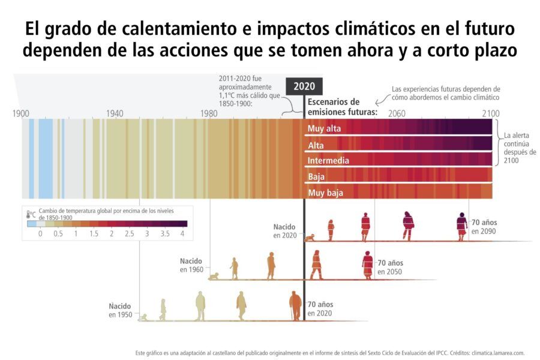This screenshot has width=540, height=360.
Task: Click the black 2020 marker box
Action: [x=304, y=86]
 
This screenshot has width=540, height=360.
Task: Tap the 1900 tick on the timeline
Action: [x=22, y=113]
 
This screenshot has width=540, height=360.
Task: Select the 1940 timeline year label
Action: [x=115, y=113]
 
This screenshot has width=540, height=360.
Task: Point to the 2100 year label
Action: [x=490, y=113]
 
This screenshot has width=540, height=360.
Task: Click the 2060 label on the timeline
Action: [x=397, y=113]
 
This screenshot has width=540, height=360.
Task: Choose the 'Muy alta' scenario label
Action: [x=325, y=128]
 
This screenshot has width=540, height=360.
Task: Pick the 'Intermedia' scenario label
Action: [x=328, y=161]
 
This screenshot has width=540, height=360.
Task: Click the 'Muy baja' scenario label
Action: [x=325, y=193]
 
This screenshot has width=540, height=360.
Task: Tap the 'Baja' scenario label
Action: [x=316, y=177]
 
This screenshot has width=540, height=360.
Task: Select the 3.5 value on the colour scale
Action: [x=164, y=233]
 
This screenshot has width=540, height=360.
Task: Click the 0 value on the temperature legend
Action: [x=40, y=233]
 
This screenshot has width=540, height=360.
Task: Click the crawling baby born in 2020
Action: [x=310, y=238]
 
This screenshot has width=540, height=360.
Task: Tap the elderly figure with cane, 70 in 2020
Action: [x=295, y=305]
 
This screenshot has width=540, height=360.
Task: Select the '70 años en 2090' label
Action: [x=484, y=227]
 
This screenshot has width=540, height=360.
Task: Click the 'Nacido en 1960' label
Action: [x=191, y=265]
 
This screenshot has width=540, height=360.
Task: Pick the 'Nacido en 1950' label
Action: [x=119, y=310]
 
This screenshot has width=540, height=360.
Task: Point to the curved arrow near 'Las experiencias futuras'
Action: [x=380, y=101]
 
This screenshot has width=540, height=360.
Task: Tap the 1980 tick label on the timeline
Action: [x=209, y=113]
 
